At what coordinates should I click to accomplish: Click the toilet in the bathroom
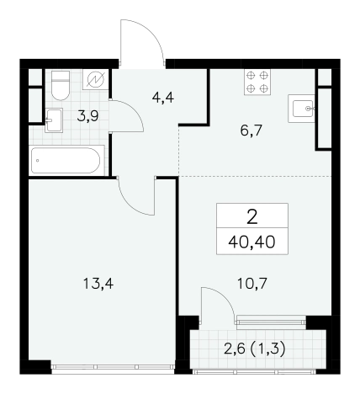point(61,85)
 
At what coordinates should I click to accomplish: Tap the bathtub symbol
point(66,161)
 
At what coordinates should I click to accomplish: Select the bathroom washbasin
point(54,120)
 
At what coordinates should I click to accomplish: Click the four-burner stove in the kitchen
point(257,82)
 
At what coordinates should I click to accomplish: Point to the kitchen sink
point(301,109)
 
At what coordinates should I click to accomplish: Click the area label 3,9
point(87,116)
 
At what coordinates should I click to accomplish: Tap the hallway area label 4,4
point(163,98)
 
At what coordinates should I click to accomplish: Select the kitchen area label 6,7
point(251,130)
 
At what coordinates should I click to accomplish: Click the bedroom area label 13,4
point(98,284)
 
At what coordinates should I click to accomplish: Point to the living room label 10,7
point(252,284)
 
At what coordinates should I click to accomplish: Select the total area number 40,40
point(251,242)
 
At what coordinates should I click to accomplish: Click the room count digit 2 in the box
point(252,217)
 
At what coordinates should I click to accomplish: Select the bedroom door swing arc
point(131,203)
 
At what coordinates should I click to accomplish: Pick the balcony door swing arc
point(224,297)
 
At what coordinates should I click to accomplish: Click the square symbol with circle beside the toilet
point(96,80)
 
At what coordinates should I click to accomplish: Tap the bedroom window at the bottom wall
point(113,366)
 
